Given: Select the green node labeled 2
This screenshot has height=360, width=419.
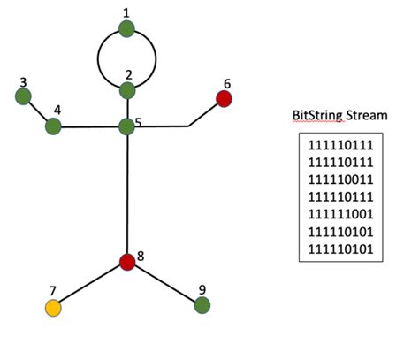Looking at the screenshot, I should click(x=127, y=90).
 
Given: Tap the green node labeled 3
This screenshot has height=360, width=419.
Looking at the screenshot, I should click(x=24, y=96).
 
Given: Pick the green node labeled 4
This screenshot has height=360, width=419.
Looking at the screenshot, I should click(x=53, y=126).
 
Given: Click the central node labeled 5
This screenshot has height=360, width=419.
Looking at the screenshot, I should click(x=127, y=126).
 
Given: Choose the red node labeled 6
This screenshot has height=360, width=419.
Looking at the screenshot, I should click(x=225, y=98).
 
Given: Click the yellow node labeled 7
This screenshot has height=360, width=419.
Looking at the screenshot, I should click(x=53, y=308).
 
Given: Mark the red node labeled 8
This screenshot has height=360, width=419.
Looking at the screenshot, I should click(x=127, y=262).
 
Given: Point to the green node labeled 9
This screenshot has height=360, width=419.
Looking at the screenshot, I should click(x=202, y=305).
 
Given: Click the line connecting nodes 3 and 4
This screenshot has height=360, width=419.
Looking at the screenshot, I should click(x=38, y=111).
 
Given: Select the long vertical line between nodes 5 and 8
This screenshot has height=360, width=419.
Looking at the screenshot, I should click(x=127, y=195).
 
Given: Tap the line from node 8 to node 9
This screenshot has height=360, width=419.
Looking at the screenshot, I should click(x=165, y=284).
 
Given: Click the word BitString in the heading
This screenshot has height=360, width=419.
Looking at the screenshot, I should click(x=316, y=116).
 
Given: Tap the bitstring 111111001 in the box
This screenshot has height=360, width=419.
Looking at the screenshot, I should click(x=341, y=213).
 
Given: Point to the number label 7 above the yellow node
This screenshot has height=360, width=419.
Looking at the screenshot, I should click(x=52, y=290).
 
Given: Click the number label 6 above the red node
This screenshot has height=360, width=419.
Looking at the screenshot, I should click(x=226, y=83).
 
